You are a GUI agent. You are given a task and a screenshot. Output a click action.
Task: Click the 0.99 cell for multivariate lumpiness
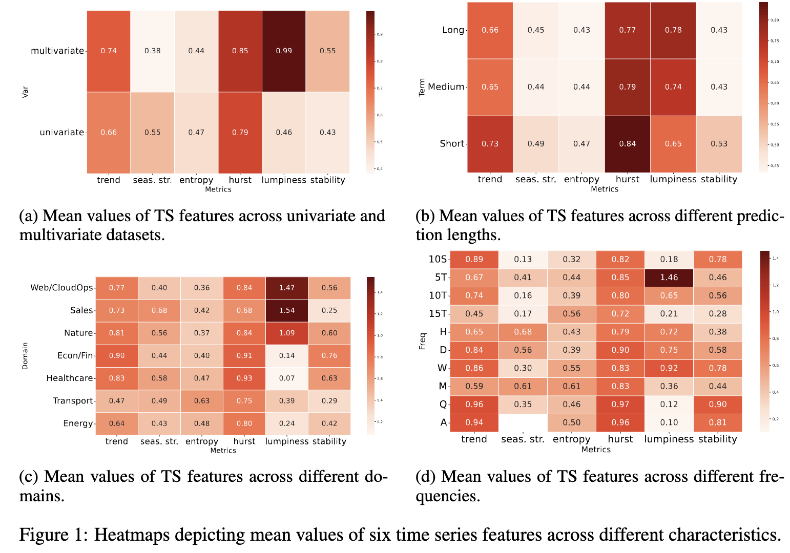pos(284,51)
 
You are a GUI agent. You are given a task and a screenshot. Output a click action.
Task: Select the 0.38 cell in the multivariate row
pos(152,51)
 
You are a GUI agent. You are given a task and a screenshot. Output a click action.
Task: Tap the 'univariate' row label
pos(61,132)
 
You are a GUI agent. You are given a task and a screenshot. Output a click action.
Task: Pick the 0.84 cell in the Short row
pos(627,144)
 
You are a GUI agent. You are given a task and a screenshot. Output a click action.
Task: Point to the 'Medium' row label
pos(446,87)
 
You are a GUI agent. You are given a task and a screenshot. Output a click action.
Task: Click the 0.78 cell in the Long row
pos(673,30)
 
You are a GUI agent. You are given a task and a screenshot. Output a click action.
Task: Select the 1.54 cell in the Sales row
pos(287,310)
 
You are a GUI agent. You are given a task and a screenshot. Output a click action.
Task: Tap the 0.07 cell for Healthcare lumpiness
pos(287,378)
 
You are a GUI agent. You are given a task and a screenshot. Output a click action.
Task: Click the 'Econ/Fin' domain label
pos(75,355)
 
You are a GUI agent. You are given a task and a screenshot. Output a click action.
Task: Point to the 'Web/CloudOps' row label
pos(62,288)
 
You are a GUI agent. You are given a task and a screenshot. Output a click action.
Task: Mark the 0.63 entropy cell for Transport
pos(202,401)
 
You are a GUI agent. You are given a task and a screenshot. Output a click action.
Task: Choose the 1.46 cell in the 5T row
pos(669,278)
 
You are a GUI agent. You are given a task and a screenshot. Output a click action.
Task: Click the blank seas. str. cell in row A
pos(523,422)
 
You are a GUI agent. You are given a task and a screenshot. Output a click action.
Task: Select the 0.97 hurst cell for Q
pos(620,405)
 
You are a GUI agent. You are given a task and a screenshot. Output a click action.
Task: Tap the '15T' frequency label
pos(438,314)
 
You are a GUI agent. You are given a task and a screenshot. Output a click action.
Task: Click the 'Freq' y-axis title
pos(423,341)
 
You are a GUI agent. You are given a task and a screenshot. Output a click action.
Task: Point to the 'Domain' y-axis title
pos(25,356)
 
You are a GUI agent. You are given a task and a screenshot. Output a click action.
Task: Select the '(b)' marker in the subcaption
pos(425,216)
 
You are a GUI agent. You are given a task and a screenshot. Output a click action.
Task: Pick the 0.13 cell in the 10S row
pos(523,260)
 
